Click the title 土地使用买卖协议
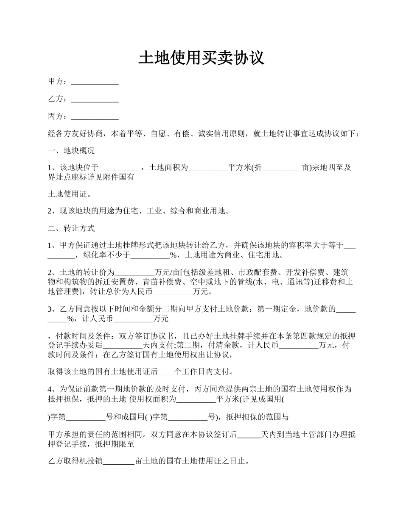(201, 58)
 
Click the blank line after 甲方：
(95, 82)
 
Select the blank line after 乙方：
(95, 100)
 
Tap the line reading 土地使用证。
(70, 194)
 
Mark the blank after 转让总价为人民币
(172, 292)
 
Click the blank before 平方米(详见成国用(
(196, 399)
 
